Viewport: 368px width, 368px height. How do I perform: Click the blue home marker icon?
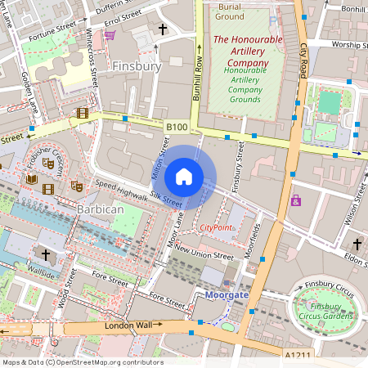(184, 176)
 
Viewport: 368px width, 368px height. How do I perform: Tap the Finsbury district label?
(137, 65)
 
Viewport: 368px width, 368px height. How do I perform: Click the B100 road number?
(177, 127)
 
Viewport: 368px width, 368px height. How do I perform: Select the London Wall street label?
(130, 325)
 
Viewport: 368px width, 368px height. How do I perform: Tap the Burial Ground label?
(230, 11)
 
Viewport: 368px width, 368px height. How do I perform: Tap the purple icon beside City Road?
(295, 200)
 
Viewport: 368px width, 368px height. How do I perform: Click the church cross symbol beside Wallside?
(45, 256)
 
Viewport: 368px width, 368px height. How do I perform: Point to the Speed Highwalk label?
(121, 191)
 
